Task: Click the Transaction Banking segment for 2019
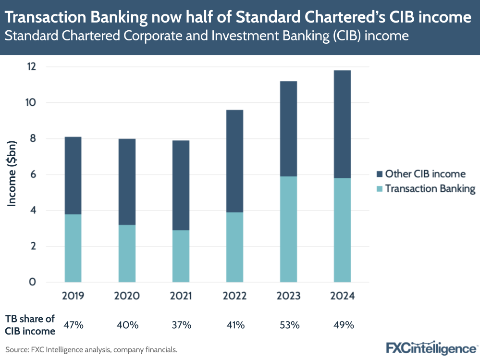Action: click(x=73, y=248)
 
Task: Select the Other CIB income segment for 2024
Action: click(x=343, y=124)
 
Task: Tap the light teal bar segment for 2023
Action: click(x=289, y=229)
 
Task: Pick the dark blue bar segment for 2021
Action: click(x=181, y=185)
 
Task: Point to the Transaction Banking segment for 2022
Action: click(x=234, y=247)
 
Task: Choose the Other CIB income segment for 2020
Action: click(x=127, y=182)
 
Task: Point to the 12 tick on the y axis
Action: click(x=32, y=67)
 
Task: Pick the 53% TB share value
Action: click(x=289, y=325)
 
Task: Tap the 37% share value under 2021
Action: click(x=181, y=325)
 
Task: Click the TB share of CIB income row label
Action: click(x=30, y=325)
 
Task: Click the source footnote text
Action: click(x=91, y=350)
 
